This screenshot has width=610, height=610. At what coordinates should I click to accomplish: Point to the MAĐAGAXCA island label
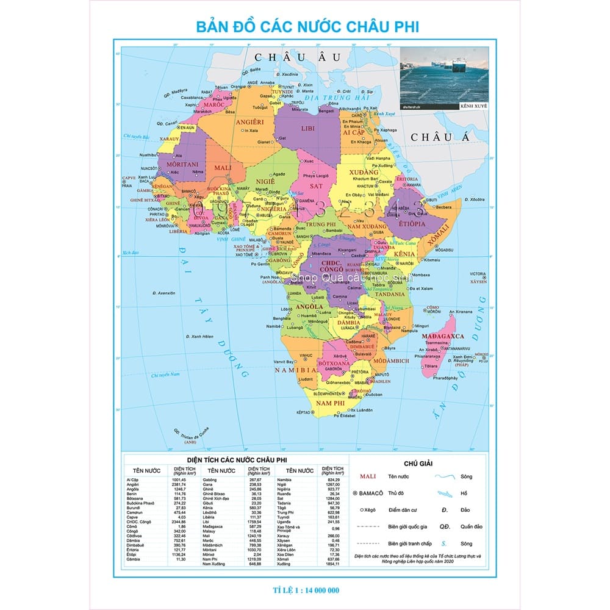442,336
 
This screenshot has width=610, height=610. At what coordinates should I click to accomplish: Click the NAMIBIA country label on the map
294,370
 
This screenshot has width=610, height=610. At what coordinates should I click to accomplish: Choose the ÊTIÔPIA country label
412,224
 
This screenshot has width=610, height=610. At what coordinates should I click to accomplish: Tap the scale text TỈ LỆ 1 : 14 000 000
306,589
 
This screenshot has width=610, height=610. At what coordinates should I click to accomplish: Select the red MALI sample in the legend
367,476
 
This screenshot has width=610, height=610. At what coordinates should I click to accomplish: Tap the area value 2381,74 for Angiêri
179,484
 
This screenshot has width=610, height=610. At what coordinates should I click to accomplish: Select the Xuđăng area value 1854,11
332,564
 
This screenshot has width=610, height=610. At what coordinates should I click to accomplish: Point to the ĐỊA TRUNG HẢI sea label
329,98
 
